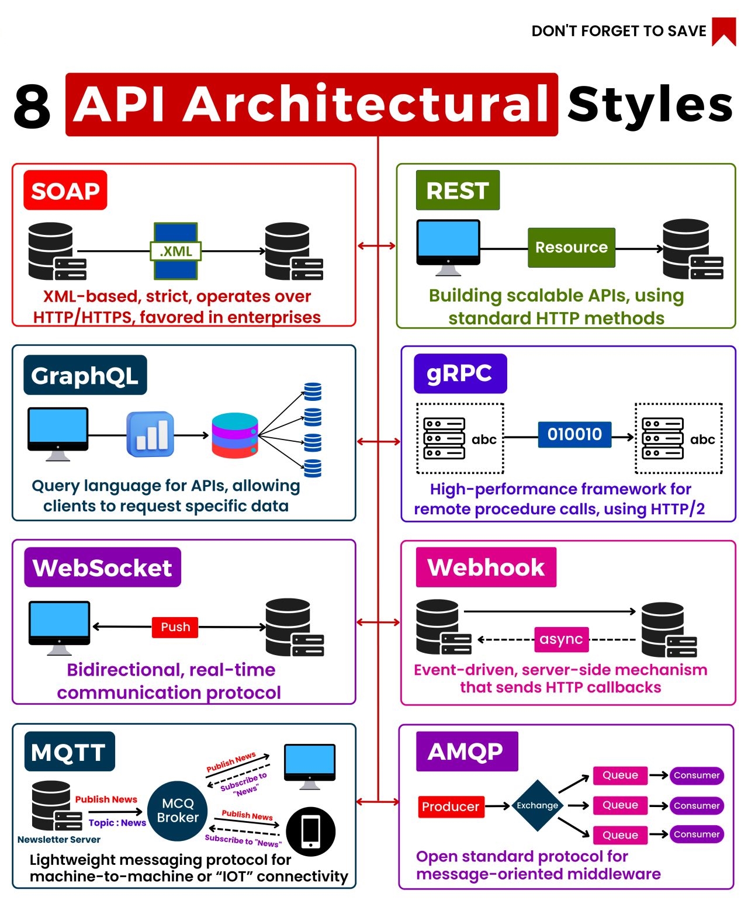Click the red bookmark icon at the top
tap(723, 31)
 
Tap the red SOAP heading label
tap(65, 191)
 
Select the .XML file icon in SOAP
tap(175, 251)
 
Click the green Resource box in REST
tap(571, 248)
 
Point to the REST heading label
tap(458, 191)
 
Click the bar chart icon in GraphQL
tap(150, 434)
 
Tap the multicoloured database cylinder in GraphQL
tap(235, 435)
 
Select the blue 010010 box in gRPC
tap(574, 434)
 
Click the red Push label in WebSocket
tap(175, 627)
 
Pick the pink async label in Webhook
tap(561, 639)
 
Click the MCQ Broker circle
tap(178, 811)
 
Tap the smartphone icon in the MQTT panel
tap(310, 831)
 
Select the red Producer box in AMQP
tap(451, 806)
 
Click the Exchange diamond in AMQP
tap(537, 805)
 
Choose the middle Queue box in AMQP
tap(620, 805)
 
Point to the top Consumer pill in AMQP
tap(697, 775)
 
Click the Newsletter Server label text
tap(59, 839)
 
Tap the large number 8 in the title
tap(33, 106)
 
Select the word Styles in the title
tap(650, 105)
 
